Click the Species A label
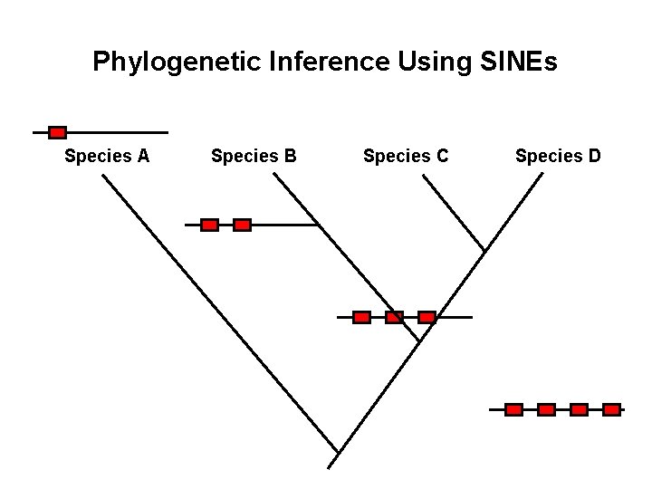tap(107, 156)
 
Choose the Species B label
tap(254, 156)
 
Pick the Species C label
tap(406, 156)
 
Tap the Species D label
tap(558, 156)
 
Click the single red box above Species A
tap(57, 132)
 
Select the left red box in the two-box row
tap(209, 225)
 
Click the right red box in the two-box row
tap(242, 225)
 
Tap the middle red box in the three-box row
tap(394, 317)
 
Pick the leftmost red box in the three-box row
tap(361, 317)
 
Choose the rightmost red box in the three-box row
tap(427, 317)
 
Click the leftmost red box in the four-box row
tap(513, 409)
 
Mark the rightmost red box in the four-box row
tap(611, 409)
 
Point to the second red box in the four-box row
tap(546, 409)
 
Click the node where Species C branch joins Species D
tap(485, 250)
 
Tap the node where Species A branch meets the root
tap(338, 453)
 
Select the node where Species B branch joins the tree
tap(420, 340)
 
